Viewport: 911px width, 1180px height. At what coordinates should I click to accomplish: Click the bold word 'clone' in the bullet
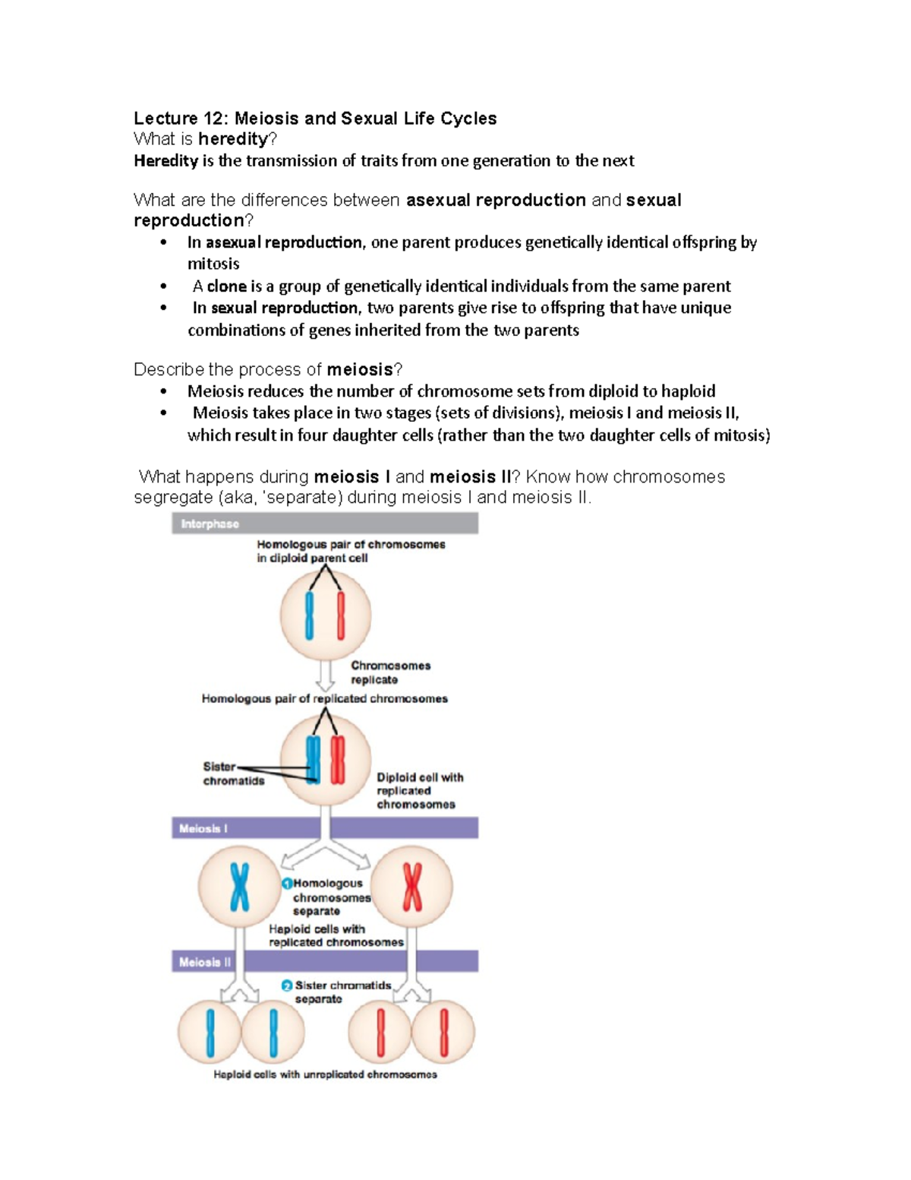pos(226,286)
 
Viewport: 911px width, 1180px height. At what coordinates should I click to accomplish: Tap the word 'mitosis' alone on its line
pos(213,264)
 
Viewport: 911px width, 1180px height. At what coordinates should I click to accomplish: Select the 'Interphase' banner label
pos(210,524)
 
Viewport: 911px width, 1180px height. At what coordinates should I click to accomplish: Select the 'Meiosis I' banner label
pos(203,829)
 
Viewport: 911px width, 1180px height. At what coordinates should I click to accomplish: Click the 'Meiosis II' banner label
pos(205,962)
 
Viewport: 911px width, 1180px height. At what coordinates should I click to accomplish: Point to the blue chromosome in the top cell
pos(309,615)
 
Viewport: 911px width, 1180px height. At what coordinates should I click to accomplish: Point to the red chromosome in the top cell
pos(341,615)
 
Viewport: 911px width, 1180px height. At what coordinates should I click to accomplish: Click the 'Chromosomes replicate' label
pos(389,672)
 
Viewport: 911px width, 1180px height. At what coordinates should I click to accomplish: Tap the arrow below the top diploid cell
pos(325,675)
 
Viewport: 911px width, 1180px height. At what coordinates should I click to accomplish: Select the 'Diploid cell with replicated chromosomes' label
pos(419,791)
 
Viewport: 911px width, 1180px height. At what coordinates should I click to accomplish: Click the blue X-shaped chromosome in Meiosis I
pos(240,887)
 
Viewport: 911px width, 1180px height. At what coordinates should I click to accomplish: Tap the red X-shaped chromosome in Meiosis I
pos(412,887)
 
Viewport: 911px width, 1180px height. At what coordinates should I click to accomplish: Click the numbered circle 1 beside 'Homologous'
pos(287,884)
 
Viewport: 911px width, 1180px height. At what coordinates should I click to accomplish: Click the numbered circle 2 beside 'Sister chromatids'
pos(286,985)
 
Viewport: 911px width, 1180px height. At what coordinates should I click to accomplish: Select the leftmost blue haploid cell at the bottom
pos(210,1033)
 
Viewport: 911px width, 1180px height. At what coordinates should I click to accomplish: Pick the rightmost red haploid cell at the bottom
pos(443,1033)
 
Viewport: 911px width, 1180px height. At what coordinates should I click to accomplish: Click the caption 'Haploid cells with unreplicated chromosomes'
pos(325,1074)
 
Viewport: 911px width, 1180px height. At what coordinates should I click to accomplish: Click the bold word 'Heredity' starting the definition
pos(165,161)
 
